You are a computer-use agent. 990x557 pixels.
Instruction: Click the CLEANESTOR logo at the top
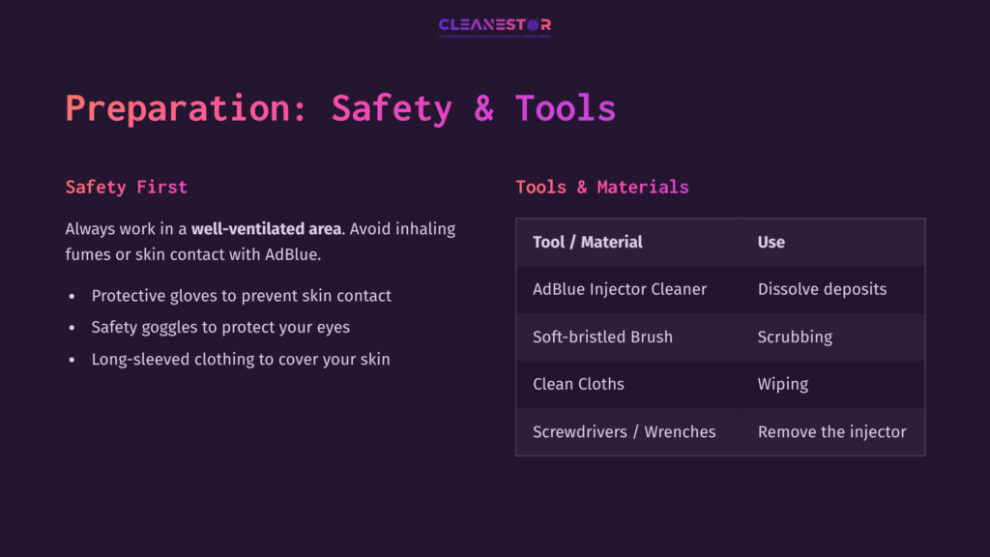494,25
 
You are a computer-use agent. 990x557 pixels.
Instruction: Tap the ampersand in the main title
483,107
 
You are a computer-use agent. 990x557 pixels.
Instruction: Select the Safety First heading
126,187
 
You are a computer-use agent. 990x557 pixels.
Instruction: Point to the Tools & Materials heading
602,187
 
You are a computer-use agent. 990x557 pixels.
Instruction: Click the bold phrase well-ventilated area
266,229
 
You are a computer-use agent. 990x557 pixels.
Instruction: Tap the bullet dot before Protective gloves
72,296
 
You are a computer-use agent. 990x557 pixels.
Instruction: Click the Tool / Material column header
588,242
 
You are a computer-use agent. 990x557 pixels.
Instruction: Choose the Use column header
772,242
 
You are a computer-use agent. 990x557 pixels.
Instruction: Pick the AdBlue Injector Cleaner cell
620,289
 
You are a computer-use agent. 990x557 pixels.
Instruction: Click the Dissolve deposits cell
822,289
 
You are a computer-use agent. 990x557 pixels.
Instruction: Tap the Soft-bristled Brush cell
602,337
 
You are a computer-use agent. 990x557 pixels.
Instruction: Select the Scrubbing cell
795,337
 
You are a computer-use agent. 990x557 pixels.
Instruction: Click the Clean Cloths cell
578,384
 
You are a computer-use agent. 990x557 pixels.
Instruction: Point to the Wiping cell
783,384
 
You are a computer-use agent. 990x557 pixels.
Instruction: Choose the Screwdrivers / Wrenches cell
625,431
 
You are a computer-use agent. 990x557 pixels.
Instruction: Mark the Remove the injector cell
832,431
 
